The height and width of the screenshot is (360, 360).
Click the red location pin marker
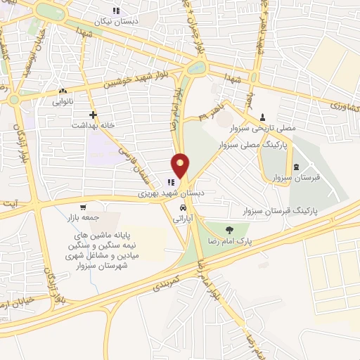point(181,165)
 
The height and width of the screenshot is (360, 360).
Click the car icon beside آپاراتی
point(184,209)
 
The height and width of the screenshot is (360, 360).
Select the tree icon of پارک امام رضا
point(229,230)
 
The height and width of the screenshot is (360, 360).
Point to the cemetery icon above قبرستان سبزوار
point(296,166)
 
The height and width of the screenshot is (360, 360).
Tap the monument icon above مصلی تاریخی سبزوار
point(262,116)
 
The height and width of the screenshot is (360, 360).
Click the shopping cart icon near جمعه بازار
point(84,207)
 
